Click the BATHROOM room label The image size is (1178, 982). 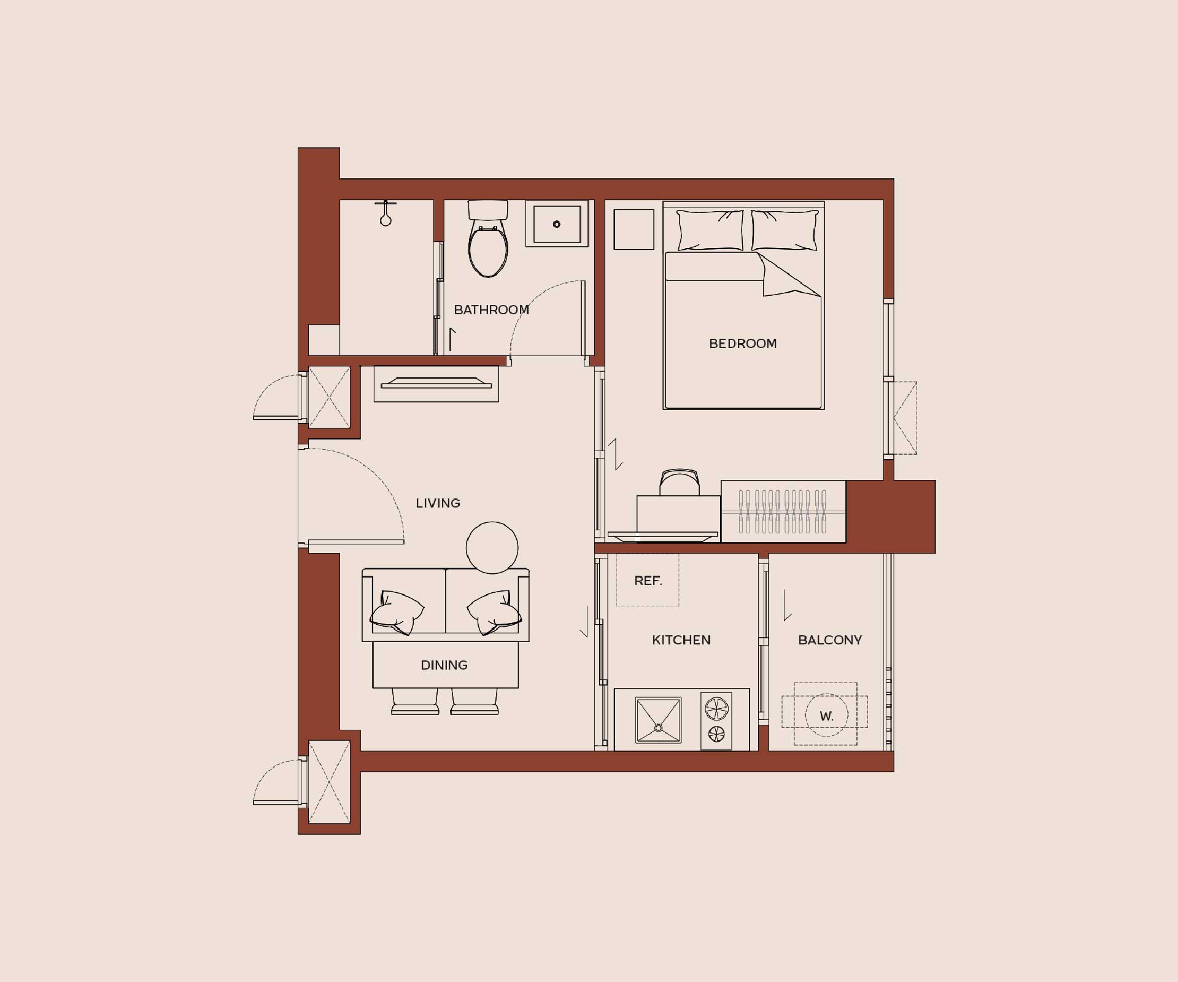(491, 310)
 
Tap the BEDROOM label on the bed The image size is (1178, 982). (743, 344)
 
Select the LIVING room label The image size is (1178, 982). (438, 503)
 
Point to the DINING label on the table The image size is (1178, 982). (444, 665)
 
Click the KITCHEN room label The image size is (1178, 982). (681, 640)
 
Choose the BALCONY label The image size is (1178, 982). (830, 640)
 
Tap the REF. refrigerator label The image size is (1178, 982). (648, 581)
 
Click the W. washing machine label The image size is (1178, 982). (826, 716)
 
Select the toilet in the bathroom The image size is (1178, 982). (488, 239)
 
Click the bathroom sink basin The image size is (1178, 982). (557, 224)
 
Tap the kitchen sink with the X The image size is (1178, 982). (659, 720)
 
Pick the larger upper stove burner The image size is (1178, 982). (716, 708)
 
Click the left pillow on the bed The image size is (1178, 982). (710, 230)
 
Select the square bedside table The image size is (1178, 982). (634, 230)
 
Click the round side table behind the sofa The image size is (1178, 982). (492, 547)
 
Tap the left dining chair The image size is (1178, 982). (415, 702)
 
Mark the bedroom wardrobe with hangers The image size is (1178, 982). (783, 511)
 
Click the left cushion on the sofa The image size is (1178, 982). (397, 613)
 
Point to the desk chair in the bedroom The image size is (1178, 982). (679, 482)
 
